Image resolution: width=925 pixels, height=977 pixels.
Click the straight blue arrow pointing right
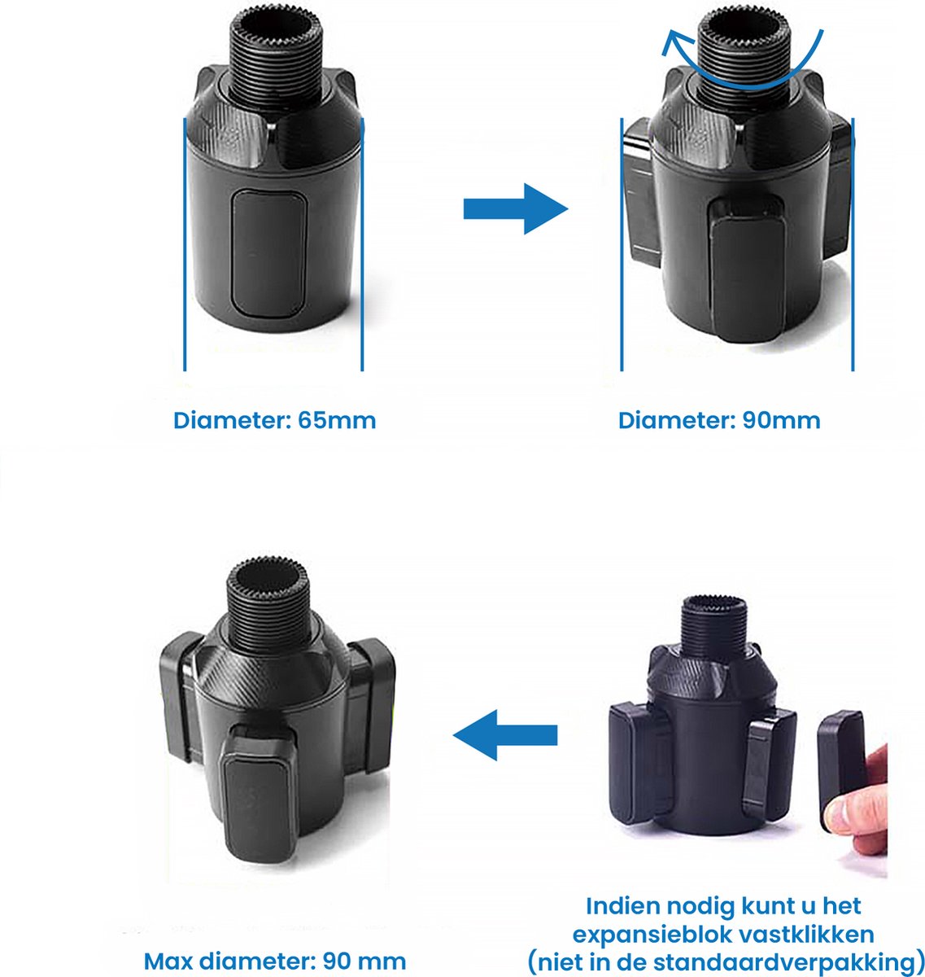515,208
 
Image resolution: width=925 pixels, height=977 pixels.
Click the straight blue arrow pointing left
504,734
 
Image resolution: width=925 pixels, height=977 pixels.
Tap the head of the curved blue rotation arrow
672,41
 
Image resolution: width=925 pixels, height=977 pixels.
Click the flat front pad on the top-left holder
268,254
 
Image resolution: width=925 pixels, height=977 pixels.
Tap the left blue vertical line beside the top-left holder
185,244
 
